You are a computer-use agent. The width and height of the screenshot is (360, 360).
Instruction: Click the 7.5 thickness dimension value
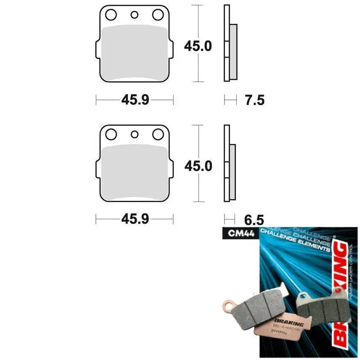(255, 100)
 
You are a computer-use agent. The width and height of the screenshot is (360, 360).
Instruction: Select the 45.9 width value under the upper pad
(135, 100)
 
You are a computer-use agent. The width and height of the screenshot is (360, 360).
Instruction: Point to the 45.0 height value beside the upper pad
(198, 45)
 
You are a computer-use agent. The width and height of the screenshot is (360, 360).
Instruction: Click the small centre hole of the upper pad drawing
(134, 15)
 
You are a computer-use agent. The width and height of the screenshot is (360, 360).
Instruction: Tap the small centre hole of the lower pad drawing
(134, 134)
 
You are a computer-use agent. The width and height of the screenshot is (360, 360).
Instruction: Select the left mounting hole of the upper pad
(111, 15)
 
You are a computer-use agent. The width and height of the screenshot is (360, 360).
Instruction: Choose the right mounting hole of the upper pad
(157, 15)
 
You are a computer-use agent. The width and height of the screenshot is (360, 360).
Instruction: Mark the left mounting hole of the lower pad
(111, 134)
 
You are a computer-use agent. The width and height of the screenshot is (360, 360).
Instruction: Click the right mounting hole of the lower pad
(157, 134)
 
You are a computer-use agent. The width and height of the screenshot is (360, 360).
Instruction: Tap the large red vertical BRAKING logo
(343, 288)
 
